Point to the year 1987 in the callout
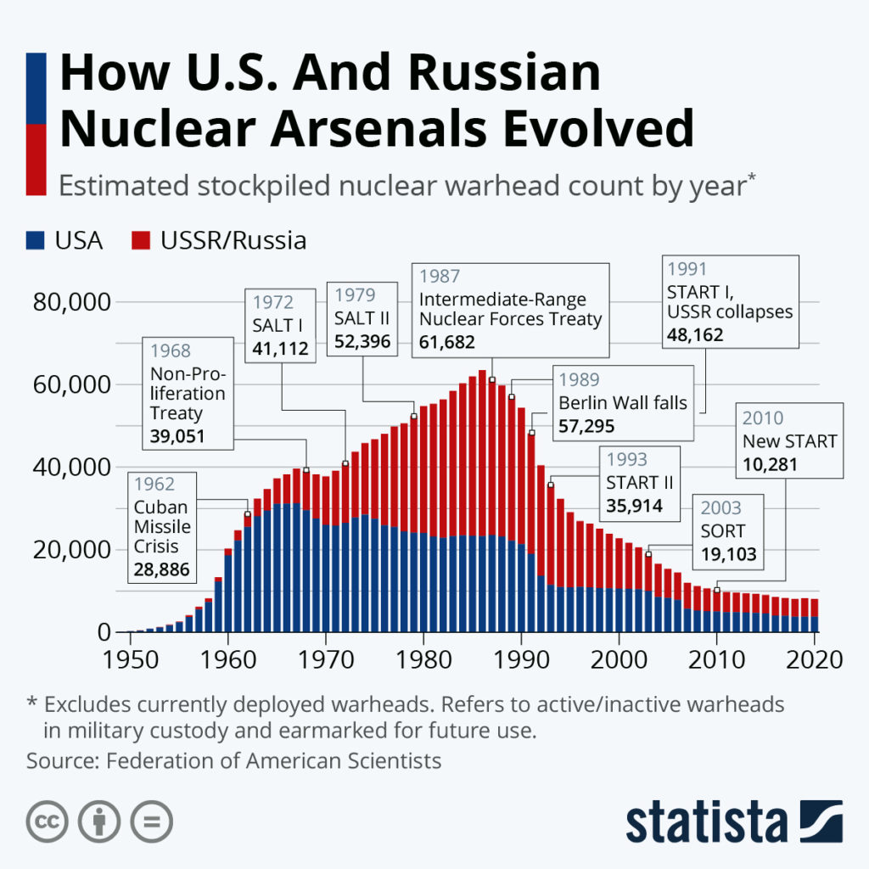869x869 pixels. [440, 277]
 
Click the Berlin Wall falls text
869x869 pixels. [623, 402]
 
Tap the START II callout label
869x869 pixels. [640, 483]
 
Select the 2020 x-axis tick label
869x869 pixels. [816, 659]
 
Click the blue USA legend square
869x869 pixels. [36, 241]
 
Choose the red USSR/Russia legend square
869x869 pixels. [141, 241]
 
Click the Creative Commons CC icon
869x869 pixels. [48, 821]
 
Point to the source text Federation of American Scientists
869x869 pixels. [273, 760]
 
